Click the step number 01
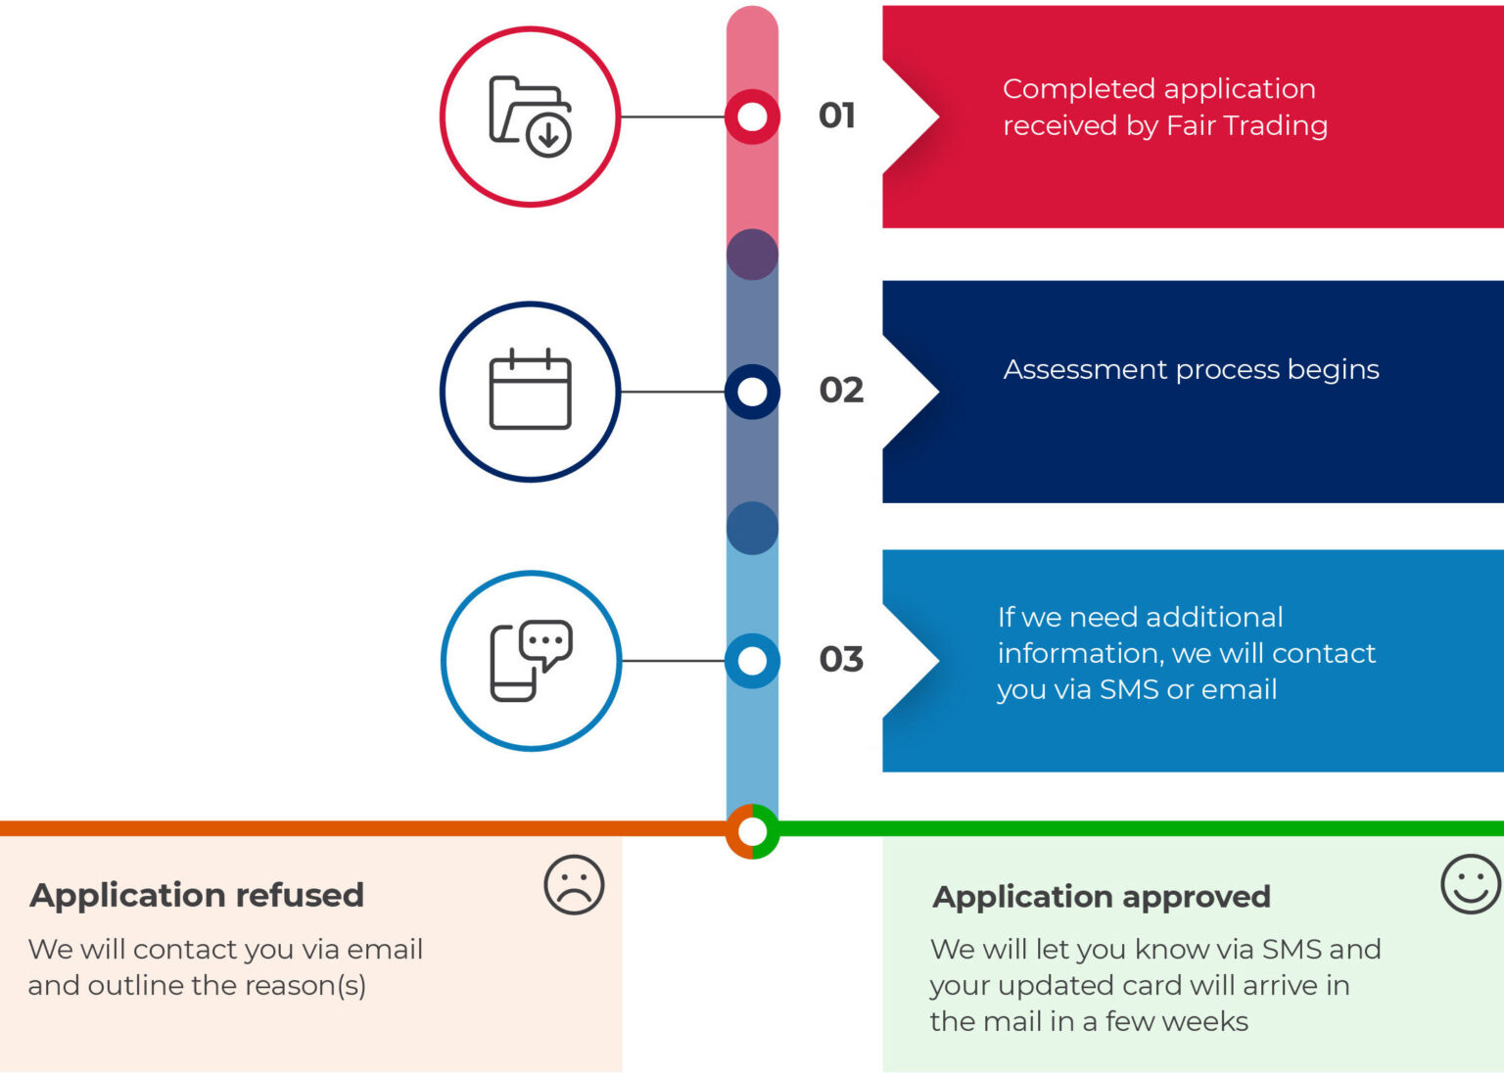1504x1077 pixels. pyautogui.click(x=837, y=116)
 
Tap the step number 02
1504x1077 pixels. pyautogui.click(x=841, y=390)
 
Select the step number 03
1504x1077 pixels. pyautogui.click(x=841, y=659)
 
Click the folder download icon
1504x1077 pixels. pyautogui.click(x=530, y=117)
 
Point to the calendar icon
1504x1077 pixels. pyautogui.click(x=530, y=390)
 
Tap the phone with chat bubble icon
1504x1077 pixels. pyautogui.click(x=530, y=661)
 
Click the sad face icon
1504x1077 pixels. pyautogui.click(x=574, y=885)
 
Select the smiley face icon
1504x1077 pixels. pyautogui.click(x=1470, y=884)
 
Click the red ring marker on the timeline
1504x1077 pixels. pyautogui.click(x=752, y=117)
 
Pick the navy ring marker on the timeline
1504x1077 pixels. pyautogui.click(x=752, y=392)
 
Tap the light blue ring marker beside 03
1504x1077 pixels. pyautogui.click(x=752, y=661)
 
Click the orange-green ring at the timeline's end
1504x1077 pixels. pyautogui.click(x=752, y=831)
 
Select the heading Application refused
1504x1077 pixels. pyautogui.click(x=197, y=895)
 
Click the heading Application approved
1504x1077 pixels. pyautogui.click(x=1102, y=897)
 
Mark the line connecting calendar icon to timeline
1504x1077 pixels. pyautogui.click(x=673, y=392)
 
